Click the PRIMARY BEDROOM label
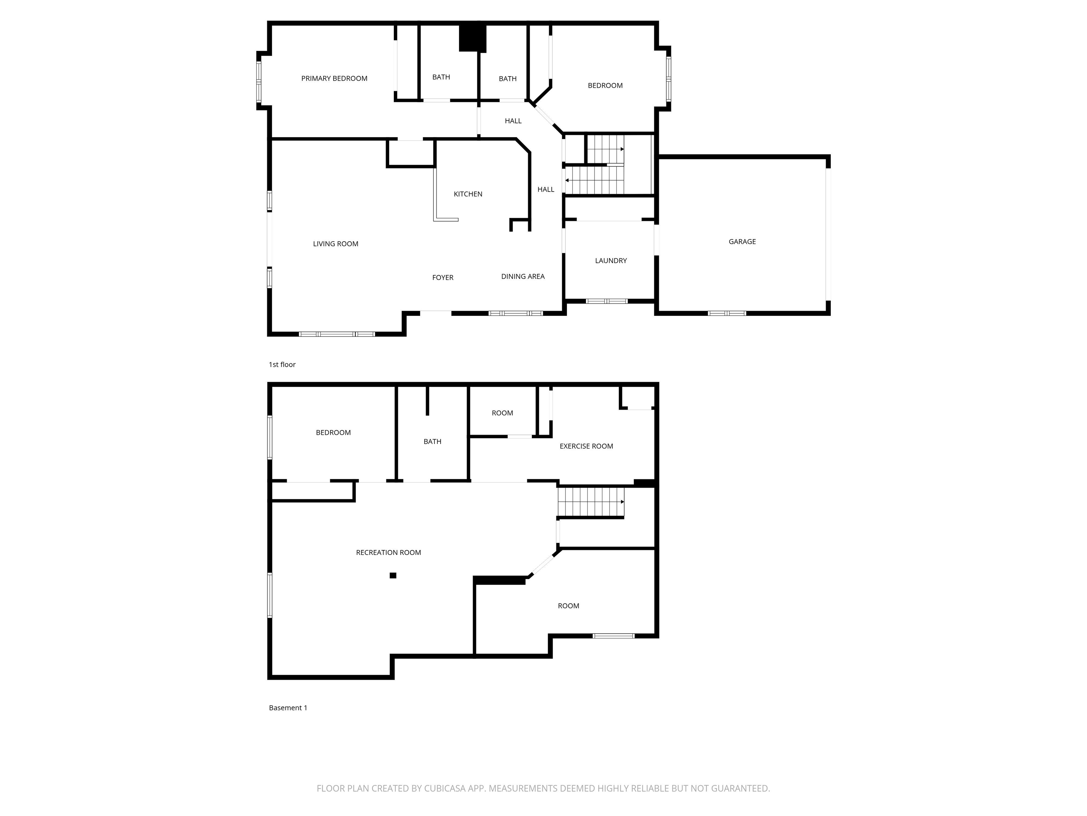(334, 78)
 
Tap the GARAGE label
(742, 242)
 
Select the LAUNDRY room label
(611, 261)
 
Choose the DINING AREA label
(523, 276)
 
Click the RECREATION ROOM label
(388, 552)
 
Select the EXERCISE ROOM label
(586, 446)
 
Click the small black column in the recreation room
(393, 576)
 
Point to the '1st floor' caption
(282, 364)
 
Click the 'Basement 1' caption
(288, 708)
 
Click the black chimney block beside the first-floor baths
(472, 38)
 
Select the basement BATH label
(432, 442)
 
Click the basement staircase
(591, 502)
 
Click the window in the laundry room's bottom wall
(607, 301)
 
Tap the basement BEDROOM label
(333, 433)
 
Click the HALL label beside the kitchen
(546, 189)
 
